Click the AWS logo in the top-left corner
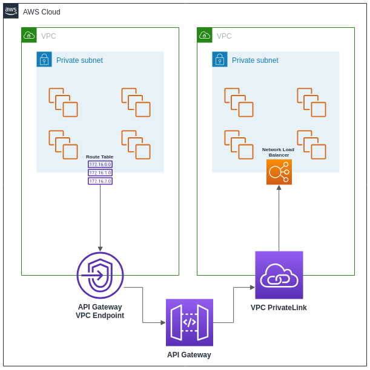(11, 11)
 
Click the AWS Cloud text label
(42, 12)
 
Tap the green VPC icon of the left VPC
(29, 35)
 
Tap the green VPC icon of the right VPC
(205, 35)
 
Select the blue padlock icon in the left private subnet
(44, 59)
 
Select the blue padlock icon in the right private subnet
(220, 59)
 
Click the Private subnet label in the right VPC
(255, 60)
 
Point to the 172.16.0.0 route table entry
(100, 164)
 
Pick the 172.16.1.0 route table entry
(100, 172)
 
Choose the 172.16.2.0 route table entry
(100, 181)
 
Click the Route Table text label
(99, 157)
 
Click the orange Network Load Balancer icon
(279, 172)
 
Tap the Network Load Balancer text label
(278, 152)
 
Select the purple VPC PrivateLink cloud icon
(279, 275)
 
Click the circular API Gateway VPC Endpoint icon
(100, 275)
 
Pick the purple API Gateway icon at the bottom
(190, 322)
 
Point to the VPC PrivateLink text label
(279, 308)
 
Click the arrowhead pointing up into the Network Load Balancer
(279, 188)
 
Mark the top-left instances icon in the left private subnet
(63, 102)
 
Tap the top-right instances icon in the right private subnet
(311, 102)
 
